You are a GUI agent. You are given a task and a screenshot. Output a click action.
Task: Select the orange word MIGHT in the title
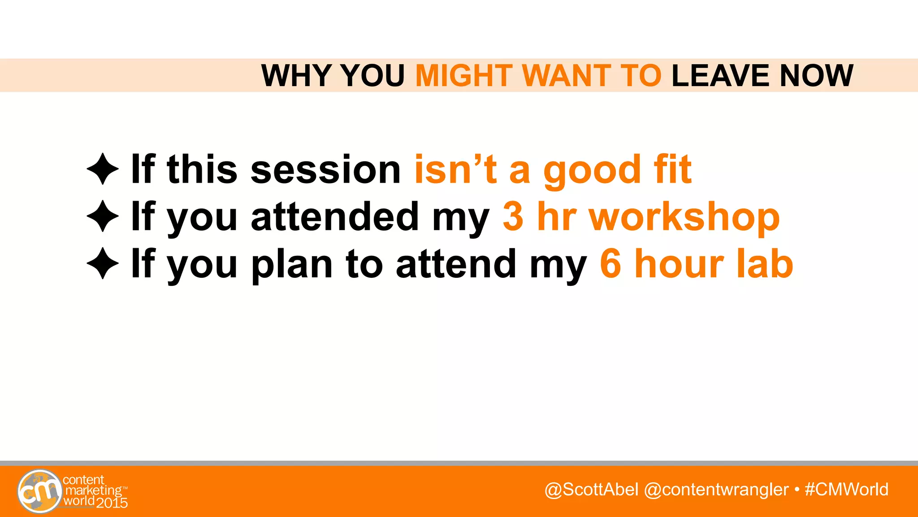pyautogui.click(x=463, y=75)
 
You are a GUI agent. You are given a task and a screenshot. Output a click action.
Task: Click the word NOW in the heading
pyautogui.click(x=816, y=75)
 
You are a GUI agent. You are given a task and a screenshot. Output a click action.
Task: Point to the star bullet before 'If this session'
pyautogui.click(x=103, y=169)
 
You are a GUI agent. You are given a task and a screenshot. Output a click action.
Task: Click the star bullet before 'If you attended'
pyautogui.click(x=103, y=216)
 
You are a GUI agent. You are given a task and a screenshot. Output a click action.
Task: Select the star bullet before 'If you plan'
pyautogui.click(x=103, y=263)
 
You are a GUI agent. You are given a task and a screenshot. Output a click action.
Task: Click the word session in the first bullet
pyautogui.click(x=325, y=170)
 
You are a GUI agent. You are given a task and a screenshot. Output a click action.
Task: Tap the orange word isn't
pyautogui.click(x=455, y=170)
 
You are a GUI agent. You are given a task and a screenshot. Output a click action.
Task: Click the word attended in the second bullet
pyautogui.click(x=334, y=217)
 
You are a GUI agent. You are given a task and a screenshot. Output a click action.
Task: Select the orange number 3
pyautogui.click(x=513, y=217)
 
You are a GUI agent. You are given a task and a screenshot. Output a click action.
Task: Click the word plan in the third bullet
pyautogui.click(x=292, y=265)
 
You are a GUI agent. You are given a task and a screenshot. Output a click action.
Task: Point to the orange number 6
pyautogui.click(x=611, y=264)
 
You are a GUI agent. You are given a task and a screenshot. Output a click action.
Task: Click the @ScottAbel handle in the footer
pyautogui.click(x=591, y=489)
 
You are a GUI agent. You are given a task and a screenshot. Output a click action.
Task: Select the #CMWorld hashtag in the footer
pyautogui.click(x=847, y=489)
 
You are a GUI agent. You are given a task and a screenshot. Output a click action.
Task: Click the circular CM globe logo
pyautogui.click(x=39, y=491)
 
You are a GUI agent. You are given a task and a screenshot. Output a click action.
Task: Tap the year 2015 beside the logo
pyautogui.click(x=112, y=503)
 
